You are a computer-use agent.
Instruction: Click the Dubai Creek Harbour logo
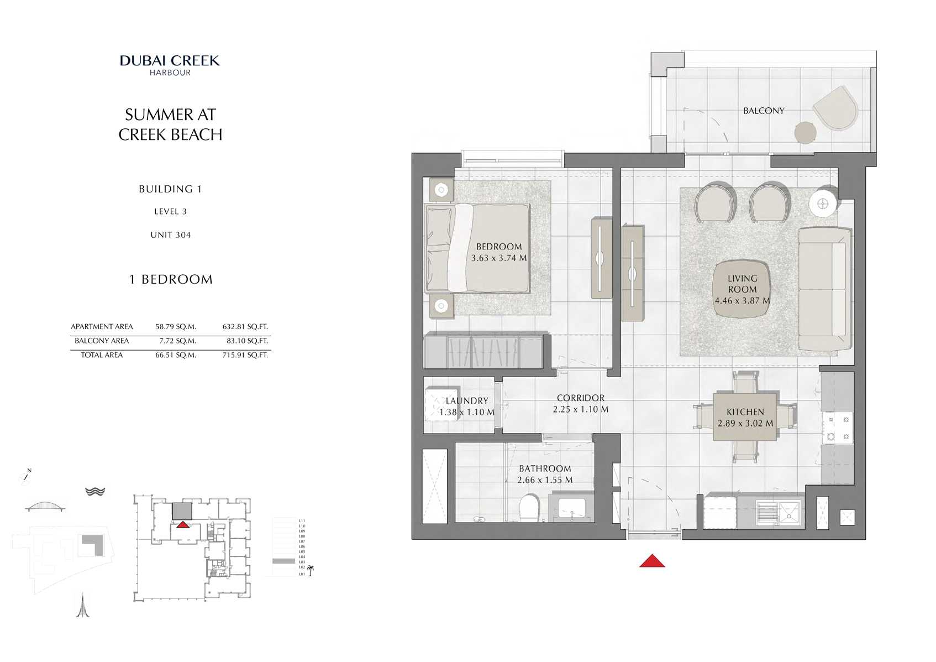(170, 65)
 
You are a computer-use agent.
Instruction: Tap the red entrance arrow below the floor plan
(652, 561)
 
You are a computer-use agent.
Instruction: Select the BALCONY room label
(763, 111)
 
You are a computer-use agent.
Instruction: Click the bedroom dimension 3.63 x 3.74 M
(498, 258)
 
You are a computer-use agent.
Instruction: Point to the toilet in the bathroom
(529, 507)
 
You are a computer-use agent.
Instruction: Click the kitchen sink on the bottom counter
(777, 512)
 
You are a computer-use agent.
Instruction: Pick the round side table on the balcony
(805, 132)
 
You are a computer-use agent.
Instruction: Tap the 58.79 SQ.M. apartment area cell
(176, 327)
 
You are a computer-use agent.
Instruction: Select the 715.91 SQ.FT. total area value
(245, 355)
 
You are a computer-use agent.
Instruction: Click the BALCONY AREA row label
(102, 341)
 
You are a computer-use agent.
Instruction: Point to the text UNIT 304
(170, 235)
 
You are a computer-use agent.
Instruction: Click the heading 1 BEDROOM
(171, 279)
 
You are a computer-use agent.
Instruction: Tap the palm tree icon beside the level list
(310, 570)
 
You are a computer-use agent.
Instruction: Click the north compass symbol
(25, 477)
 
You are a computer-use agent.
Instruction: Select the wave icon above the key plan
(95, 491)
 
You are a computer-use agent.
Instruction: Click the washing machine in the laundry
(442, 404)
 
